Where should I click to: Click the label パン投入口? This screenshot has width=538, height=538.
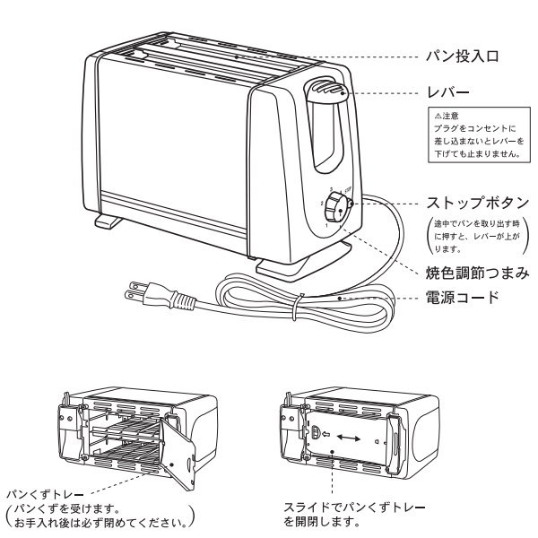[x=462, y=56]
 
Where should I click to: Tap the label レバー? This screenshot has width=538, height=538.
[x=447, y=92]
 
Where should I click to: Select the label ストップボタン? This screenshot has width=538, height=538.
[x=478, y=203]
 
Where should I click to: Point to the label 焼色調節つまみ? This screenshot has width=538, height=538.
[x=477, y=273]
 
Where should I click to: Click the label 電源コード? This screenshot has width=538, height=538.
[x=462, y=297]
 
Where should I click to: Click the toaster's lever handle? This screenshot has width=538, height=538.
[x=326, y=90]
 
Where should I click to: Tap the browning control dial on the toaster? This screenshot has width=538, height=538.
[x=336, y=207]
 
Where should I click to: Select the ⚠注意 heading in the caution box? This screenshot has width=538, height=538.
[x=447, y=116]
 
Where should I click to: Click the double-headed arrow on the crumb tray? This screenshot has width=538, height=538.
[x=348, y=438]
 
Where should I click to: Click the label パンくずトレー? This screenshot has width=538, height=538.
[x=46, y=494]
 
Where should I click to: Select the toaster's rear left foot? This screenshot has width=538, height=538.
[x=108, y=221]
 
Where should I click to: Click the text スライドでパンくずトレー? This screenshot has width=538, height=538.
[x=354, y=508]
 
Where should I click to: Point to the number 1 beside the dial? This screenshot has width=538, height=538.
[x=326, y=225]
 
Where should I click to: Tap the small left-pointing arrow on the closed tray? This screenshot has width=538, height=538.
[x=326, y=434]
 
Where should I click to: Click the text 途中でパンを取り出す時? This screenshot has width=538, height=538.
[x=477, y=224]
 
